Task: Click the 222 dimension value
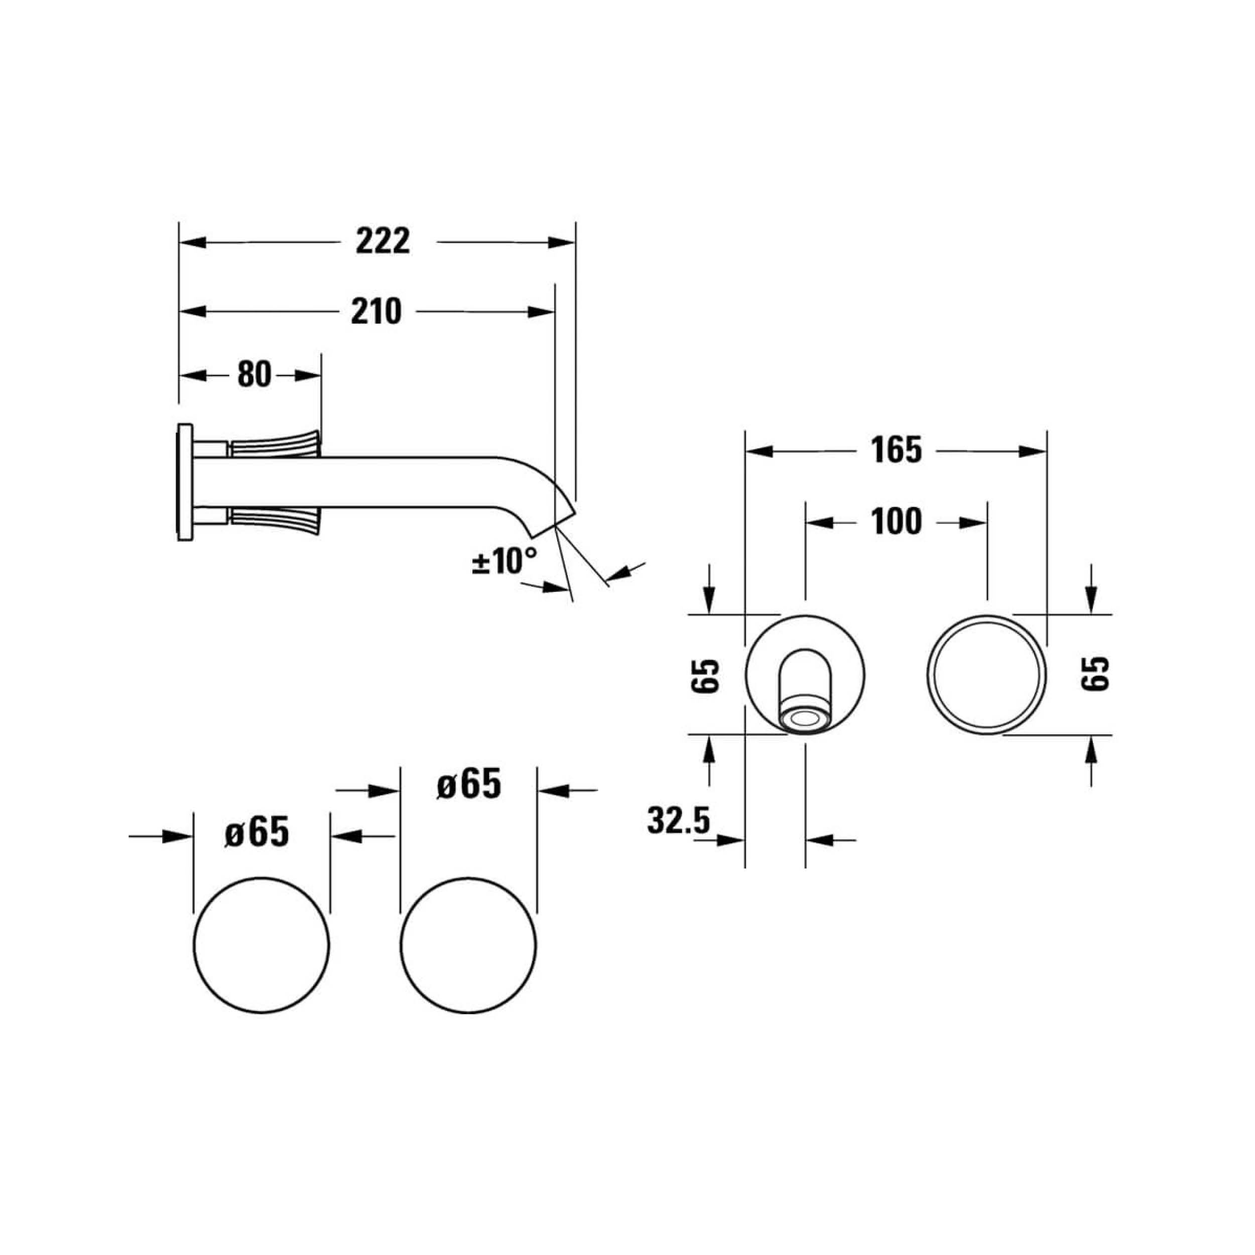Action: (x=383, y=241)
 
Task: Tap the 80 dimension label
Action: (x=254, y=375)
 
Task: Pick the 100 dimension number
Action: (x=897, y=522)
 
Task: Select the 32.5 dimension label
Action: (x=679, y=820)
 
